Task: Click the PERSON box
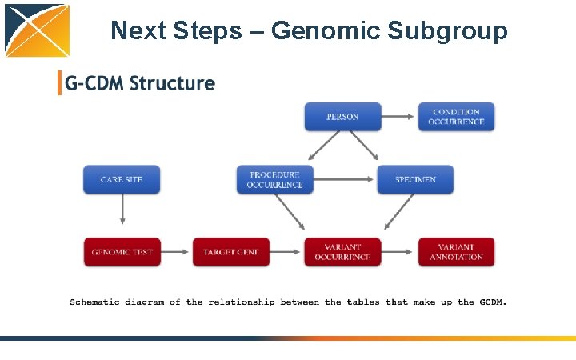coord(342,117)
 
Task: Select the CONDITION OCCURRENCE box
coord(456,117)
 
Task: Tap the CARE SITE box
coord(122,180)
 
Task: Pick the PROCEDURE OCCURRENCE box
coord(275,180)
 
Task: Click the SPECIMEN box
coord(415,180)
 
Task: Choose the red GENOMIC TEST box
coord(122,252)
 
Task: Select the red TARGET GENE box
coord(231,252)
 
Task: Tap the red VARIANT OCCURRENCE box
coord(342,252)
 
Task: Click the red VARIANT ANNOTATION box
coord(456,252)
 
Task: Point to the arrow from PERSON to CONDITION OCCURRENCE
coord(399,117)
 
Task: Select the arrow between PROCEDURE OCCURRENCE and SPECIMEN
coord(345,180)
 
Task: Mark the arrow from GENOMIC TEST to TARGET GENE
coord(176,252)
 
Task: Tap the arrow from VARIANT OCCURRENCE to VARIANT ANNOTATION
coord(399,252)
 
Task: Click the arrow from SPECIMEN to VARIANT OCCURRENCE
coord(398,213)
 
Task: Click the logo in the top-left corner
coord(37,30)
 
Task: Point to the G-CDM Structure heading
coord(140,83)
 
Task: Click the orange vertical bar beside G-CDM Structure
coord(59,83)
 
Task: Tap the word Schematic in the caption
coord(94,302)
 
